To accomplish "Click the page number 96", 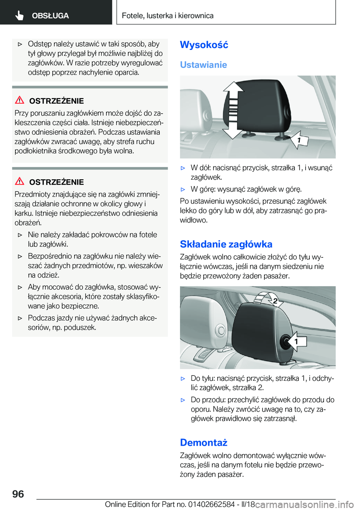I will point(18,494).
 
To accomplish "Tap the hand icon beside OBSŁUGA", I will point(19,15).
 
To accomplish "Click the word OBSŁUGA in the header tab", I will point(50,16).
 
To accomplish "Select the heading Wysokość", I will point(204,45).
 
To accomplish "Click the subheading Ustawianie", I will point(203,65).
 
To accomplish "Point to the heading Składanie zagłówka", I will point(226,244).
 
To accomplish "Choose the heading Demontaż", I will point(204,443).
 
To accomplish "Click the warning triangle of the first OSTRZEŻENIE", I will point(19,100).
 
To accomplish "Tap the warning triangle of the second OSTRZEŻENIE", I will point(19,181).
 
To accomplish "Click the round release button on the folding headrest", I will point(287,341).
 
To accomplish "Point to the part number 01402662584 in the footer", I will point(211,504).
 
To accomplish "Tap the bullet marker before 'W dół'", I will point(183,168).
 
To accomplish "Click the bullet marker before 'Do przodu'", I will point(183,400).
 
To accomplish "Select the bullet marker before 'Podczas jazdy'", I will point(20,318).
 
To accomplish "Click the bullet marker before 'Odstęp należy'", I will point(20,44).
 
